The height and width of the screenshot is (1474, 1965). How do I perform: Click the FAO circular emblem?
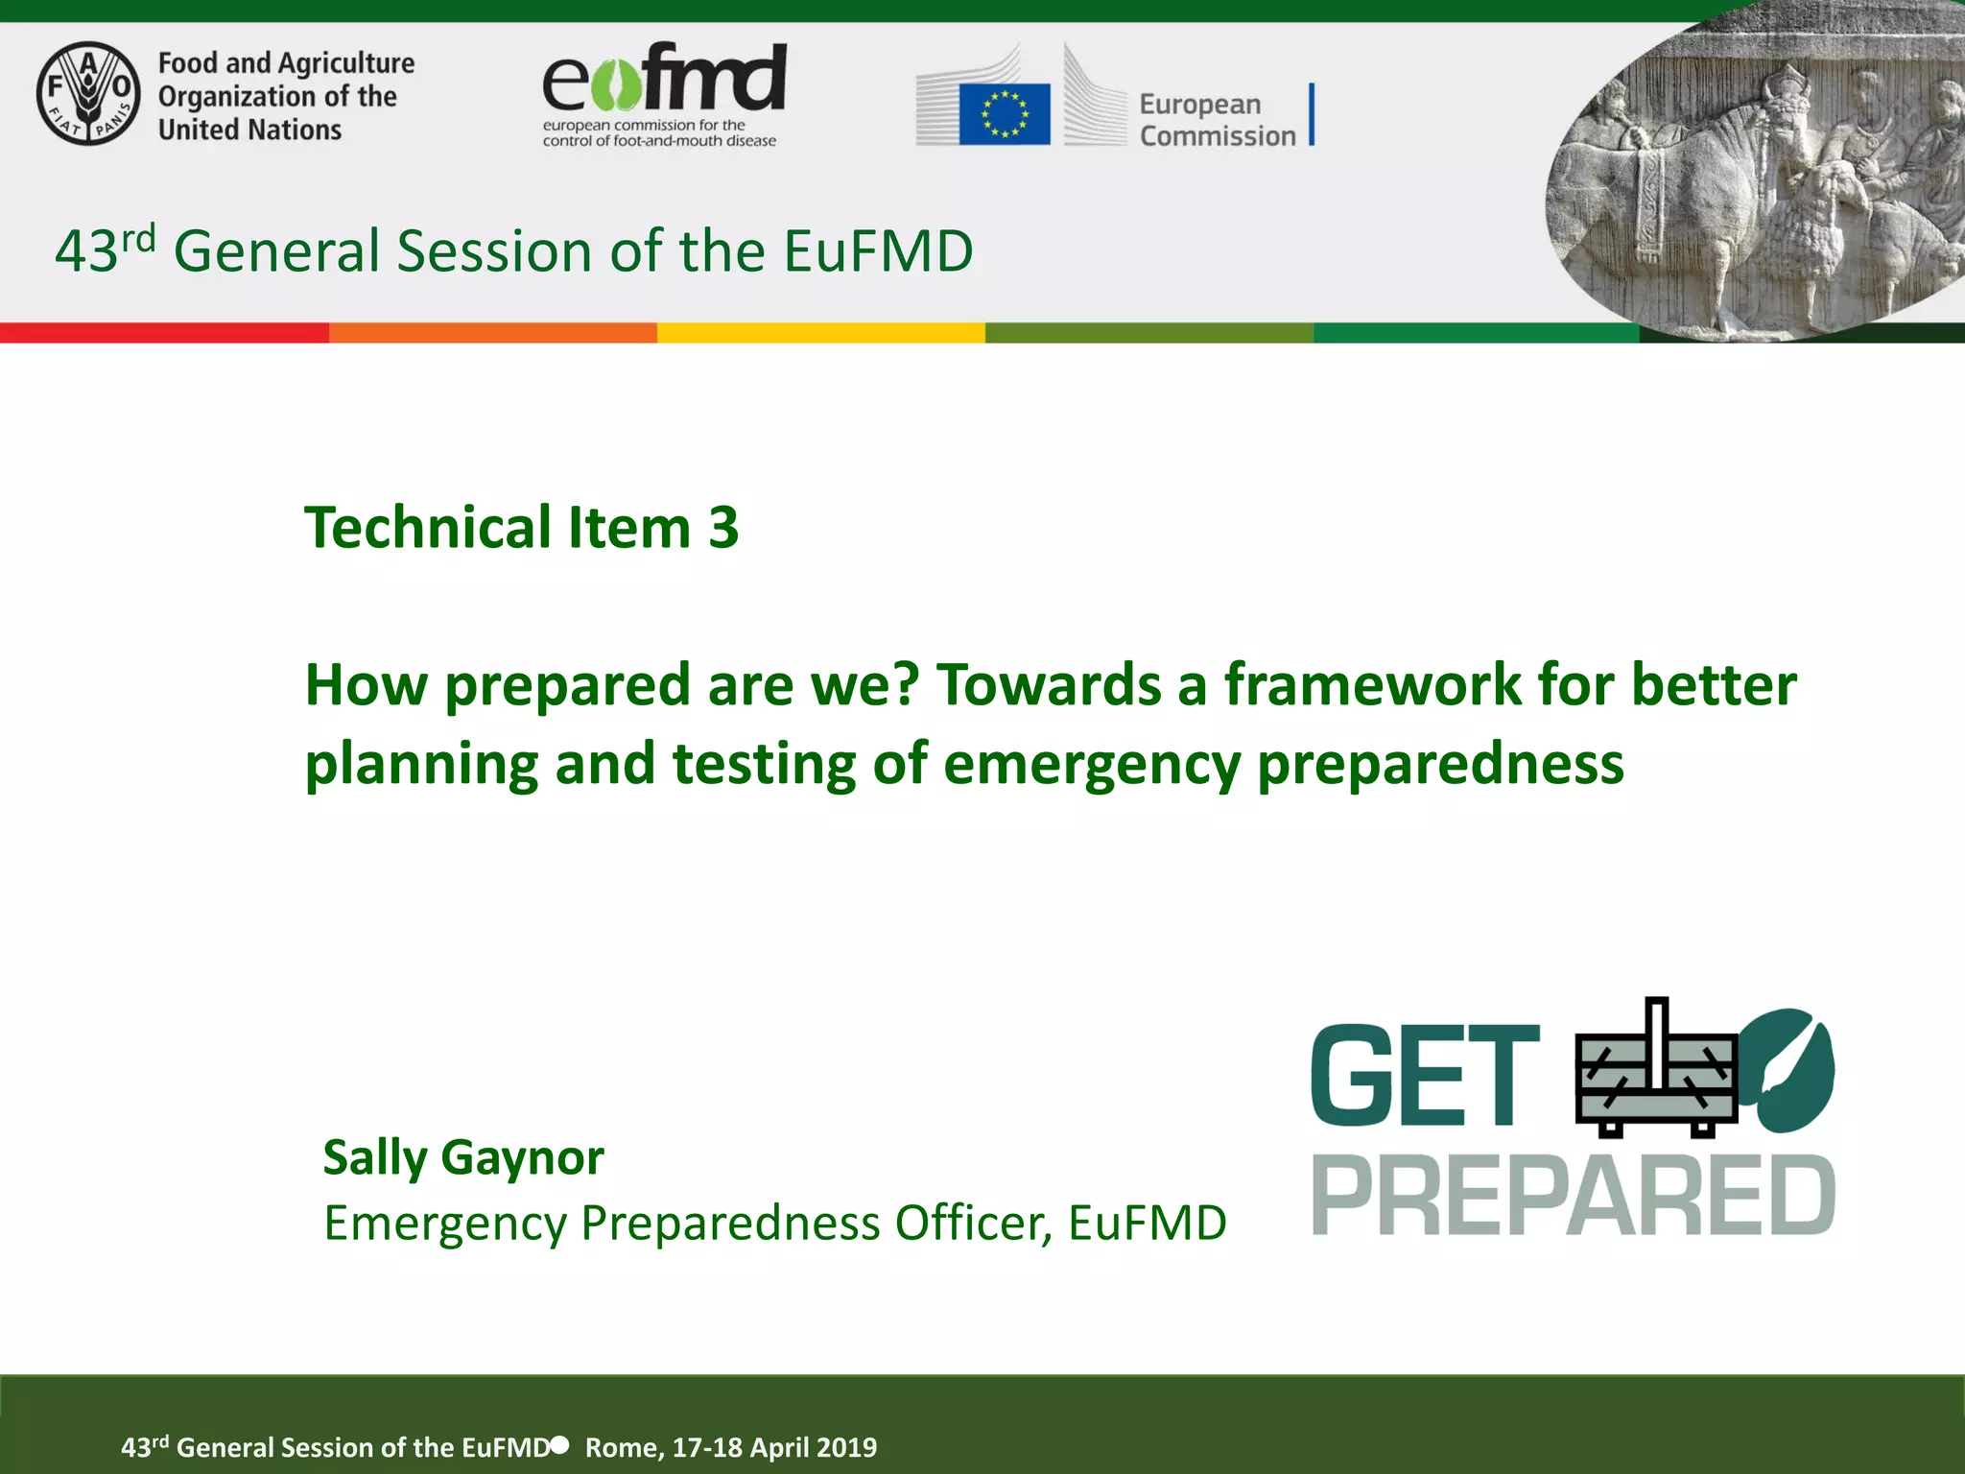[88, 93]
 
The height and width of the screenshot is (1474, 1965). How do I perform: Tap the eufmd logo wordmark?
[664, 79]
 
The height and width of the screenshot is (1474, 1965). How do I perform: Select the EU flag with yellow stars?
[1004, 114]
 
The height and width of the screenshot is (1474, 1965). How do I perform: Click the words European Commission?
[1217, 120]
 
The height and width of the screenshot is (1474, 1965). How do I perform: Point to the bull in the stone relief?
[1689, 182]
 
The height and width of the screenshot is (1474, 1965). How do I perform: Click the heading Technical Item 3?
[521, 528]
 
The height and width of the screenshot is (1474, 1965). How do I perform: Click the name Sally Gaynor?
[463, 1157]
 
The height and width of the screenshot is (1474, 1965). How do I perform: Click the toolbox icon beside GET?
[1655, 1075]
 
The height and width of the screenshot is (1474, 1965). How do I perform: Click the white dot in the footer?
[560, 1444]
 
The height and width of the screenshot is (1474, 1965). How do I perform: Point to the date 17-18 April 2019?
[774, 1447]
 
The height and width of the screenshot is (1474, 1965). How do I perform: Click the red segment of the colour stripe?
[163, 333]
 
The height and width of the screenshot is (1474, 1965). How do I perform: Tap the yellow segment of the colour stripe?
[820, 333]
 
